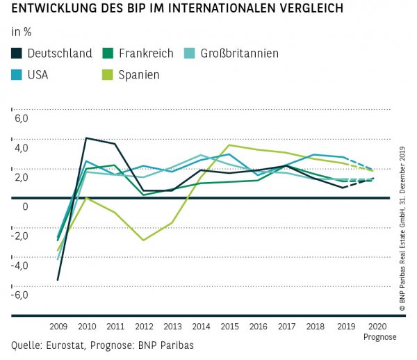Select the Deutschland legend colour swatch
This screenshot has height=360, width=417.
point(17,54)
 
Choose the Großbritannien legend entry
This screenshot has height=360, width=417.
point(239,54)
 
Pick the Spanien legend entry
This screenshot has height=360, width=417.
point(138,74)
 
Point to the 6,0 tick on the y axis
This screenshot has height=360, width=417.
point(20,119)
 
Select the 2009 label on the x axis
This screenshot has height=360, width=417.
point(58,326)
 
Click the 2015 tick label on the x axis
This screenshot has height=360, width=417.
point(229,326)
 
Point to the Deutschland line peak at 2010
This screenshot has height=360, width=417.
point(85,138)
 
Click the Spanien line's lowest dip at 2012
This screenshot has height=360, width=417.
point(143,240)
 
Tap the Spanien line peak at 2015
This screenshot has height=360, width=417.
point(229,145)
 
